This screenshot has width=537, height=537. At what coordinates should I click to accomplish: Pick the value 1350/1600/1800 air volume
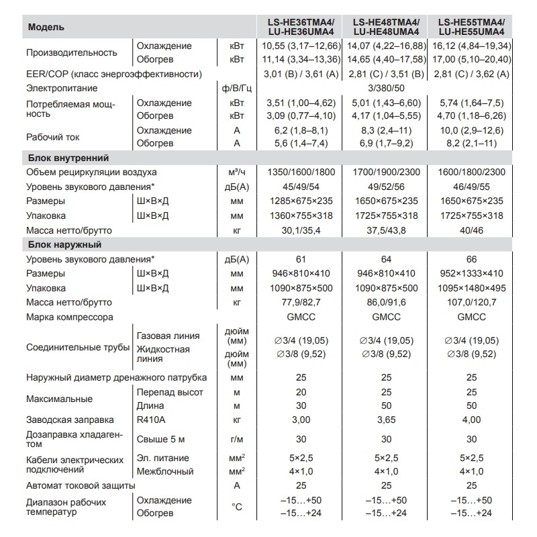301,173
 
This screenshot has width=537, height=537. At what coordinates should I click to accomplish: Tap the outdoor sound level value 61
301,259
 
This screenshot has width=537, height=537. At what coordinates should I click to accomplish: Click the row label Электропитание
62,88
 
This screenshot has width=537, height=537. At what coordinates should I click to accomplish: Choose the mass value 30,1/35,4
301,230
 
